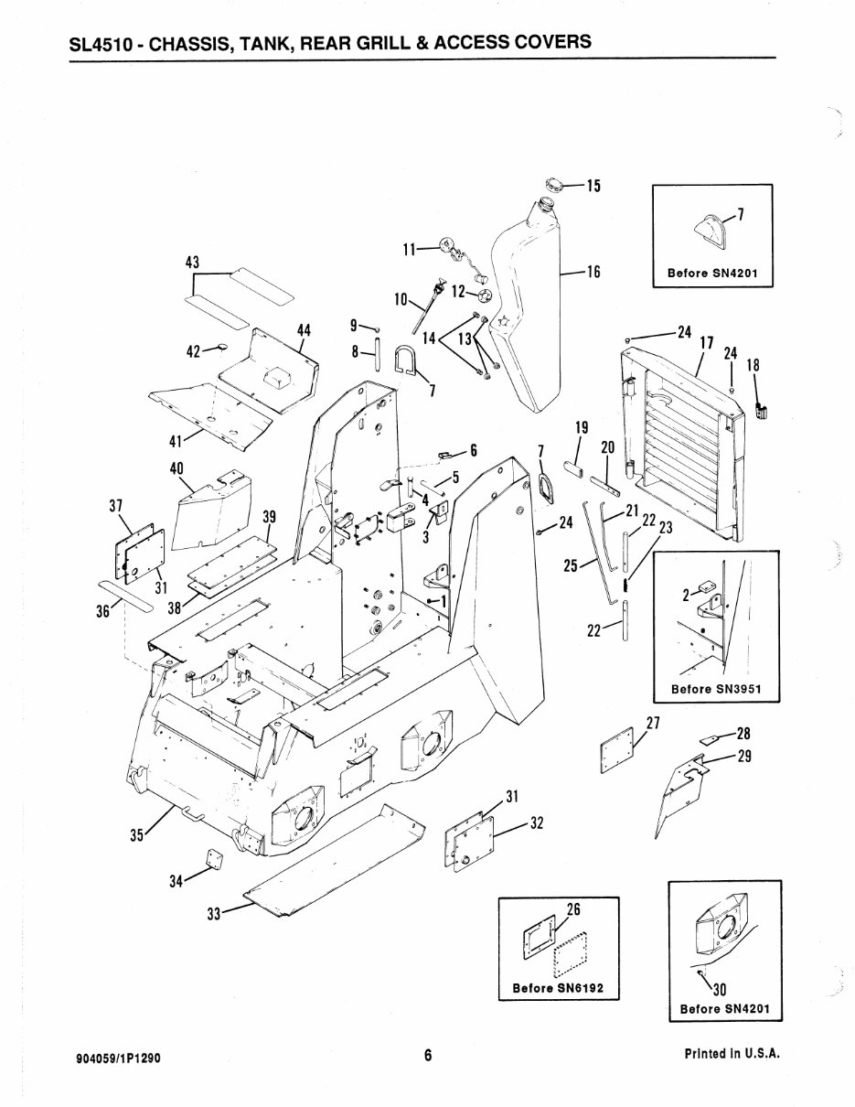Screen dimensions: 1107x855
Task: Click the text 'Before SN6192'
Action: [x=559, y=989]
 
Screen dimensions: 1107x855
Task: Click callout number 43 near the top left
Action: [x=192, y=262]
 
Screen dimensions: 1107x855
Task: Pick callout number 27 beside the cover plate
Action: [x=653, y=723]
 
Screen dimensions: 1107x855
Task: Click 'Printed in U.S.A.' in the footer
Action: [x=732, y=1054]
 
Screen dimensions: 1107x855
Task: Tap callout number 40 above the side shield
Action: [x=176, y=468]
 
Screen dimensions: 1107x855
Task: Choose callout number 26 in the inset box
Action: [x=574, y=909]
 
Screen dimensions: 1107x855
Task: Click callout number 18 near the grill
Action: [x=753, y=365]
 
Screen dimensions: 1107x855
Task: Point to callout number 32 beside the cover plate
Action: [x=537, y=823]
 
